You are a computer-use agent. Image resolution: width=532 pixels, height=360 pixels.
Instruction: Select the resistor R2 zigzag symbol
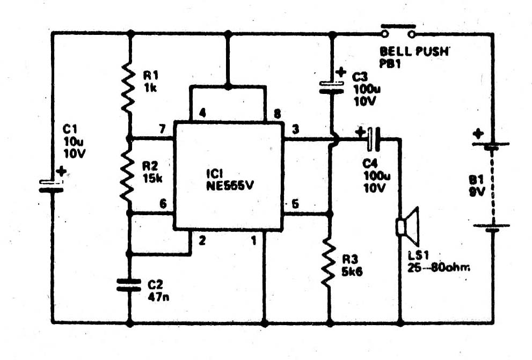tap(128, 174)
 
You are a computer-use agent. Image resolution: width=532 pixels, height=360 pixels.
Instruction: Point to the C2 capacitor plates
tap(129, 284)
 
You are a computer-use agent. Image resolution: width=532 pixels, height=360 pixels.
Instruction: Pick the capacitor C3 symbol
tap(331, 87)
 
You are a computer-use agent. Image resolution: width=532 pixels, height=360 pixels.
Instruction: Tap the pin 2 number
tap(202, 241)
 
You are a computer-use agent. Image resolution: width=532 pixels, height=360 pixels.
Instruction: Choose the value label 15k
tap(153, 178)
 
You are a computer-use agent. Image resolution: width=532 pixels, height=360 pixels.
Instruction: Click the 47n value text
tap(157, 294)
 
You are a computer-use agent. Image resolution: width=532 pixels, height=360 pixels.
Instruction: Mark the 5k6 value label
tap(352, 271)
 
